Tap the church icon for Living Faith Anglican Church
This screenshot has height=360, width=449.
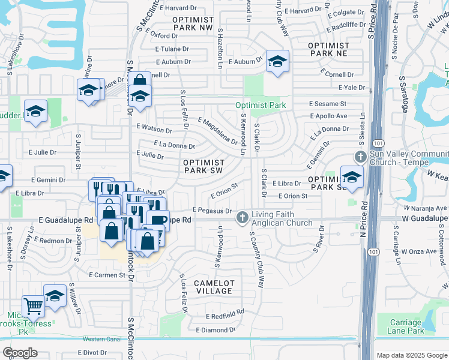pyautogui.click(x=243, y=216)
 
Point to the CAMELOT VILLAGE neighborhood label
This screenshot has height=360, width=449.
pyautogui.click(x=214, y=286)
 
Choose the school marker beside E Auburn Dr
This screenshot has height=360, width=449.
pyautogui.click(x=277, y=61)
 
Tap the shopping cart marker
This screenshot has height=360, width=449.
pyautogui.click(x=34, y=306)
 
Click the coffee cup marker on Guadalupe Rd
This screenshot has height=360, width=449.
pyautogui.click(x=158, y=220)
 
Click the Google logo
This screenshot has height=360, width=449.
pyautogui.click(x=20, y=353)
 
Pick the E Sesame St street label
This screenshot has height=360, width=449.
pyautogui.click(x=328, y=104)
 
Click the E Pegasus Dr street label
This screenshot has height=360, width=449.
pyautogui.click(x=212, y=210)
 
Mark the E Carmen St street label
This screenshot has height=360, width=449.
pyautogui.click(x=106, y=275)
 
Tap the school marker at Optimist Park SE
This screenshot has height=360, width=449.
pyautogui.click(x=352, y=176)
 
